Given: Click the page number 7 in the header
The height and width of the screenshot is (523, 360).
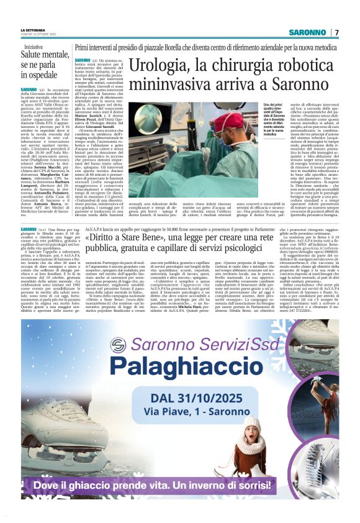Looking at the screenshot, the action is (x=336, y=32).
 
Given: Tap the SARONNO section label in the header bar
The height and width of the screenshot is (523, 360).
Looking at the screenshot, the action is (x=306, y=32).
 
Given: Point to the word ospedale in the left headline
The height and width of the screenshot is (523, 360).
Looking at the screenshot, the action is (x=39, y=75).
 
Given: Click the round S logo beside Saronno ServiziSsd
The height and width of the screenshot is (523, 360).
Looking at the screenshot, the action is (x=117, y=345).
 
